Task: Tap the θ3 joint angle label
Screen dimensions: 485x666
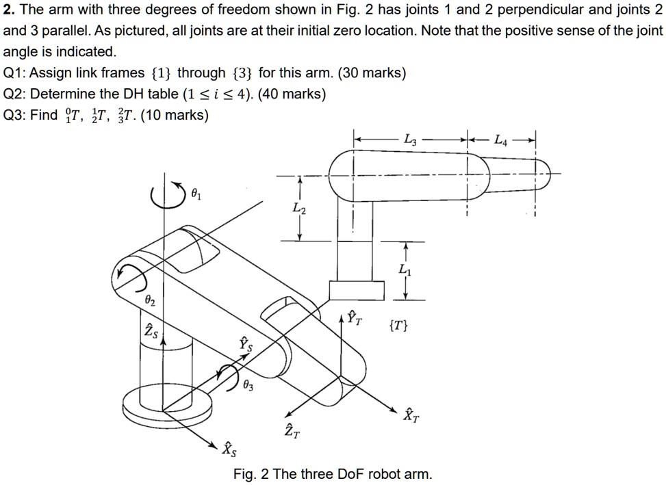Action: click(248, 386)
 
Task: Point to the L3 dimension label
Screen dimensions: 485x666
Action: click(409, 140)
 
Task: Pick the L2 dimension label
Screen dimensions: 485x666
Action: click(299, 208)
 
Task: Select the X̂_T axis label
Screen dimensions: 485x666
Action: click(410, 414)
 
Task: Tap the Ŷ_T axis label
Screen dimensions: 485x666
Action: click(355, 317)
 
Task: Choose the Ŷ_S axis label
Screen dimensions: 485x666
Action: click(245, 344)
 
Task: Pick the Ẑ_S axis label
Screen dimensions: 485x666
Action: click(150, 332)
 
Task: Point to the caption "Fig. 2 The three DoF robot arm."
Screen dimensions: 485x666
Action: click(333, 474)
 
